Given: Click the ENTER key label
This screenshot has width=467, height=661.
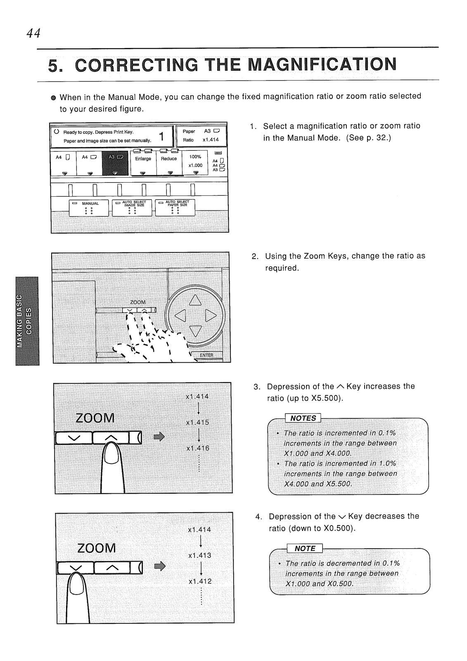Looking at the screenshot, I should point(206,355).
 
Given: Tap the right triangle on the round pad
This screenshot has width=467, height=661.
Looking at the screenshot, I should point(211,316).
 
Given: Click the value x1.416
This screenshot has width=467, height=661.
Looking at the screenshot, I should point(198,448).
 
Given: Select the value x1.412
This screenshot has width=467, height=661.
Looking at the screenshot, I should point(200,581).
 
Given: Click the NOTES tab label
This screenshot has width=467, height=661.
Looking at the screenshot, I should point(303,418).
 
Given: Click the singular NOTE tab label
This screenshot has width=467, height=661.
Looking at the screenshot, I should point(305,548).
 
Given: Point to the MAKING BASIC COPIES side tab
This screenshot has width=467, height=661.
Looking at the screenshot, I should point(27,321).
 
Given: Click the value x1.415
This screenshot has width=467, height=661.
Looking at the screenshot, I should point(198,423).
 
